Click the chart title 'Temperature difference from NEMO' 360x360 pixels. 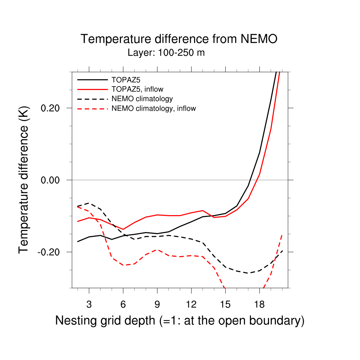179,39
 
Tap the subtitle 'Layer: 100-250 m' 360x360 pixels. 166,53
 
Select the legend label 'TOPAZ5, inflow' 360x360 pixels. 137,89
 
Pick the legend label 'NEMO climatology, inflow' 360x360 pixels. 154,108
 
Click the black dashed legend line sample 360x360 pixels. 92,98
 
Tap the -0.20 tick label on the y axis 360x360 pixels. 50,252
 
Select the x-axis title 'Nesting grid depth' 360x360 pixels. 105,321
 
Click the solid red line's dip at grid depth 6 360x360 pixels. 123,229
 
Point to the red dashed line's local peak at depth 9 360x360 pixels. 157,250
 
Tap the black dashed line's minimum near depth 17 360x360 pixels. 248,273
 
